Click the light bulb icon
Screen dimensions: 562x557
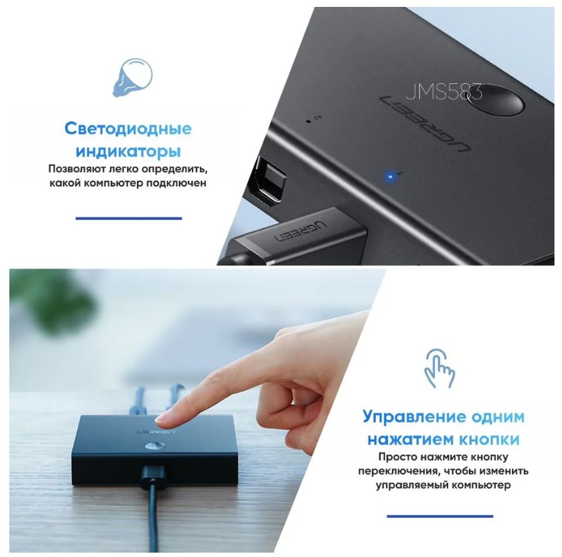point(132,78)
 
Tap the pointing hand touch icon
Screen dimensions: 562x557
point(439,368)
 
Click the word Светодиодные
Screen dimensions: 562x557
point(128,128)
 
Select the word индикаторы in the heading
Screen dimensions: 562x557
point(128,151)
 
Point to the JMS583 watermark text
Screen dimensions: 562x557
point(444,92)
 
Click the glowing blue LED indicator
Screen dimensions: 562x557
point(391,176)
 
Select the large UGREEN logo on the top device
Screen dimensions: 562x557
point(425,124)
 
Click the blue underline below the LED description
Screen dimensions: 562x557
point(129,218)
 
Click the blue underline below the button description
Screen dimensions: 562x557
point(440,516)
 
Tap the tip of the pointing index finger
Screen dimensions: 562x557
point(159,418)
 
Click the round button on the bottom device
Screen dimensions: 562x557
point(155,446)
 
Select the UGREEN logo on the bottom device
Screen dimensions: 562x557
point(156,432)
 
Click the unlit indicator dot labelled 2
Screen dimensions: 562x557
point(309,120)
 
